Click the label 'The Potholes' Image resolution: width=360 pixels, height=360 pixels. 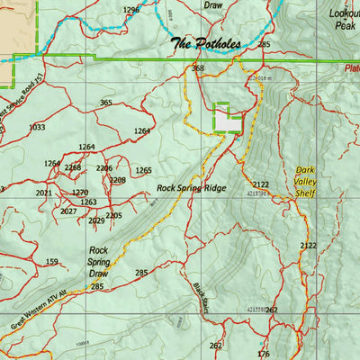206,43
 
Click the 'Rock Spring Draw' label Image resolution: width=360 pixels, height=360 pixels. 98,262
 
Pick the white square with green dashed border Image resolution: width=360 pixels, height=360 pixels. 227,118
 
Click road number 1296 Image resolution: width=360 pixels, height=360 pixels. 131,10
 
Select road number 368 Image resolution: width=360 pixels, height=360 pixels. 198,68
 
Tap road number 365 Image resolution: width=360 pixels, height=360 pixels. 106,103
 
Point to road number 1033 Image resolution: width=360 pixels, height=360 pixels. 37,128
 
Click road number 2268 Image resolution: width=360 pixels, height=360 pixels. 73,167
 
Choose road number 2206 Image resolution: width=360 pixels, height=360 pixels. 104,168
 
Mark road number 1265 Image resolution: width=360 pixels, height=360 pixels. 143,170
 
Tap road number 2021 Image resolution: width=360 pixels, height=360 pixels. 43,193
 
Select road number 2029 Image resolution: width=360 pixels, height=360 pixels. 96,220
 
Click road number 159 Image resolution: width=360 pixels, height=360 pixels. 52,262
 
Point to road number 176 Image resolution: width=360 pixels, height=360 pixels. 263,354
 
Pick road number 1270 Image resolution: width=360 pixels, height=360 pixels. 80,193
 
